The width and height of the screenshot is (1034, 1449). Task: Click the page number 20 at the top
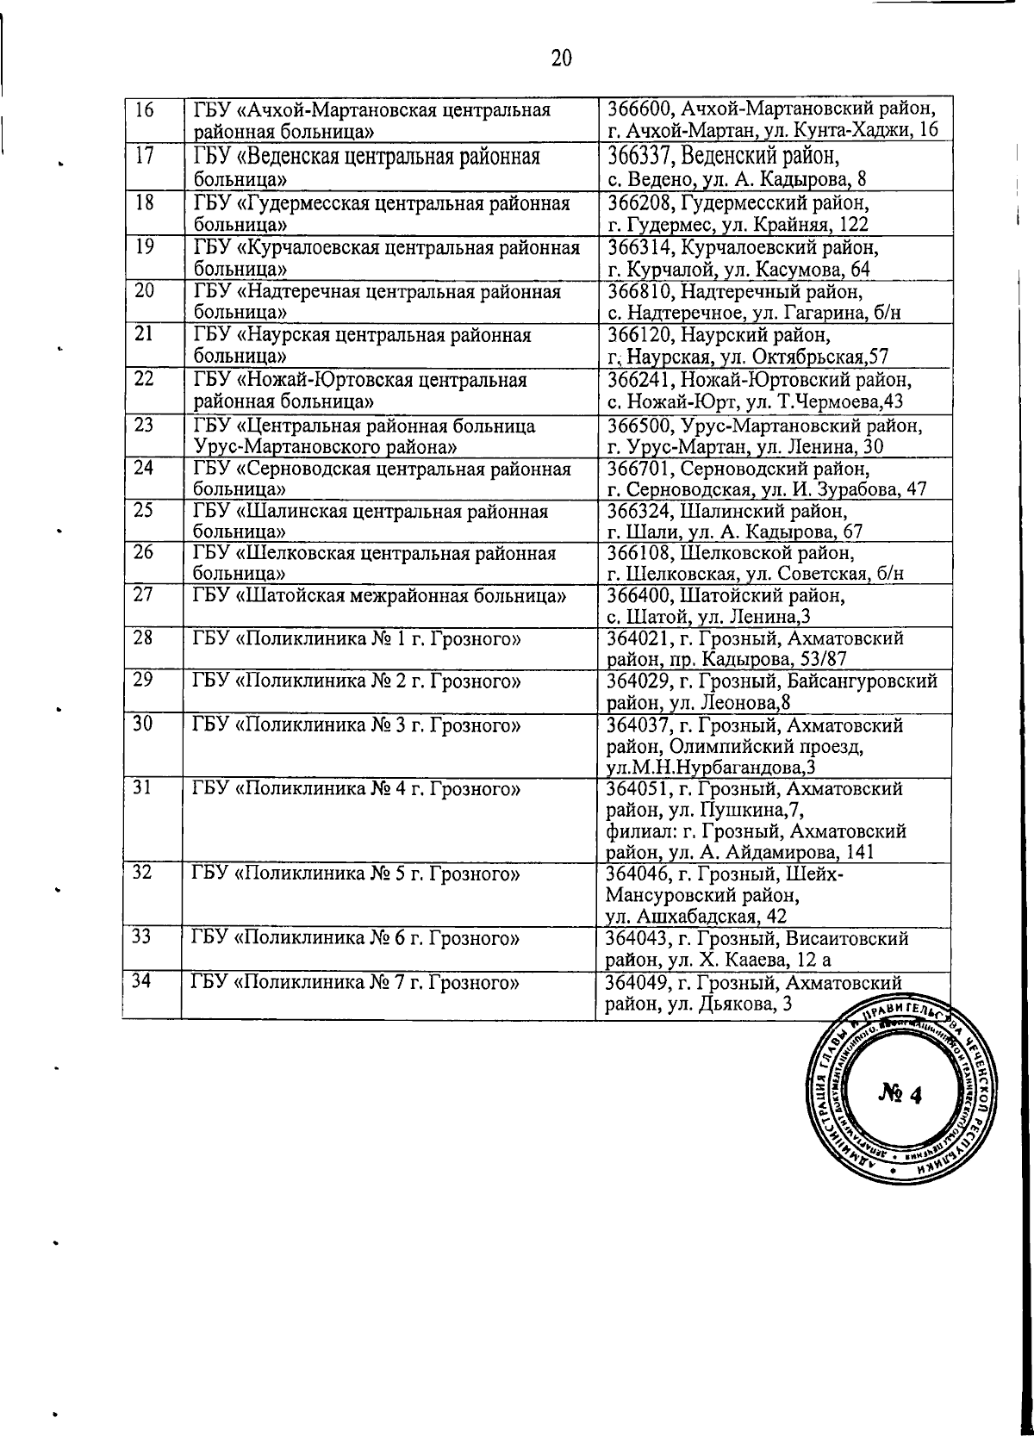tap(560, 58)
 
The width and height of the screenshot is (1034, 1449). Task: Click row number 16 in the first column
tap(146, 110)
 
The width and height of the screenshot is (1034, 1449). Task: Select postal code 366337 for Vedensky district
tap(638, 157)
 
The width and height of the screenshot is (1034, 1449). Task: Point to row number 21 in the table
tap(145, 333)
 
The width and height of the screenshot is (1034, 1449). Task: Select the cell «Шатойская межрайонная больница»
tap(380, 595)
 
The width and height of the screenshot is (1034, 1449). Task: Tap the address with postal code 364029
tap(772, 692)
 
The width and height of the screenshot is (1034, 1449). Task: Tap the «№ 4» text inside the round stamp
tap(900, 1095)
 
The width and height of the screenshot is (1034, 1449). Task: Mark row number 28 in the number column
tap(144, 637)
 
